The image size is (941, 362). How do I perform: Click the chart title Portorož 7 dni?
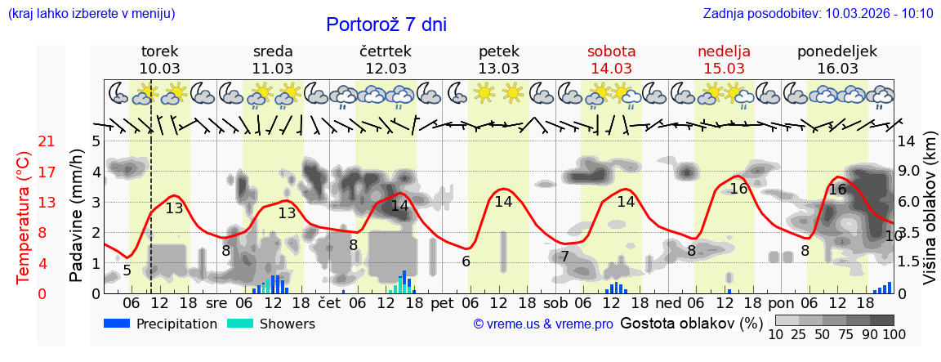(x=386, y=25)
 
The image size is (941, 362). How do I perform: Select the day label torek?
(x=159, y=51)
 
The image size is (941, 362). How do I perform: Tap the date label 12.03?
(x=386, y=68)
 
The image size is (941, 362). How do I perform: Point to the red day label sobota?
(x=611, y=51)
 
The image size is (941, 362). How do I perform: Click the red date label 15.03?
(x=724, y=68)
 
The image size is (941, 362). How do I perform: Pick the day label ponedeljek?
(x=837, y=51)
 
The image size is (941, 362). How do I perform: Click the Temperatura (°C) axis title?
(x=24, y=217)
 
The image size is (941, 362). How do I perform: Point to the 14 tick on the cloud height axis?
(x=906, y=141)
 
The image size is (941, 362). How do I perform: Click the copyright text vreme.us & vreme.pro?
(x=543, y=324)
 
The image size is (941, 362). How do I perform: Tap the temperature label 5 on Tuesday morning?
(x=127, y=270)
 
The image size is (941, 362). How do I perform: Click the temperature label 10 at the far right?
(x=893, y=236)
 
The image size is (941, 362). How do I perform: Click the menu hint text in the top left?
(x=91, y=13)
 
